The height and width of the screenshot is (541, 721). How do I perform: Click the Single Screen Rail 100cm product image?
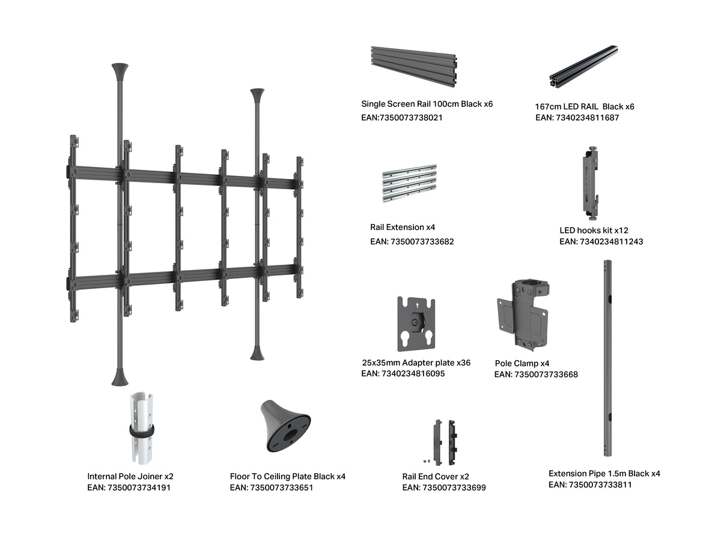pyautogui.click(x=413, y=66)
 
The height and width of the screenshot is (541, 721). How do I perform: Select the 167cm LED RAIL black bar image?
pyautogui.click(x=583, y=66)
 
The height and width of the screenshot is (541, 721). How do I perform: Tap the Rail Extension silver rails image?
pyautogui.click(x=410, y=183)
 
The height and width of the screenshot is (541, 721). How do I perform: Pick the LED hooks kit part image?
pyautogui.click(x=590, y=183)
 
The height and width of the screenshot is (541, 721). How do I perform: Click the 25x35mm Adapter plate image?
pyautogui.click(x=416, y=324)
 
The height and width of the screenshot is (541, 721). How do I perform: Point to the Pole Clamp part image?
pyautogui.click(x=523, y=315)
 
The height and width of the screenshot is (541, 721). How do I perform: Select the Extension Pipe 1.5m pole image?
pyautogui.click(x=607, y=358)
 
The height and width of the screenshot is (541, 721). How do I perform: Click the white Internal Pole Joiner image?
pyautogui.click(x=142, y=428)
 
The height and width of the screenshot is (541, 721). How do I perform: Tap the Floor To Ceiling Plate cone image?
pyautogui.click(x=285, y=426)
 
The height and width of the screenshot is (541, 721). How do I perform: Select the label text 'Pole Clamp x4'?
pyautogui.click(x=522, y=363)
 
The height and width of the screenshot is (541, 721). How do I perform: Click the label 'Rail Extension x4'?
pyautogui.click(x=403, y=227)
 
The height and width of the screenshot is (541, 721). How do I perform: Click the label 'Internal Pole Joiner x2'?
pyautogui.click(x=130, y=476)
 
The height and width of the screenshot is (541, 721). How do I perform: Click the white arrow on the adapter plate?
pyautogui.click(x=417, y=305)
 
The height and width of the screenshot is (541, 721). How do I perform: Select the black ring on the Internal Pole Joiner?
pyautogui.click(x=142, y=430)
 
